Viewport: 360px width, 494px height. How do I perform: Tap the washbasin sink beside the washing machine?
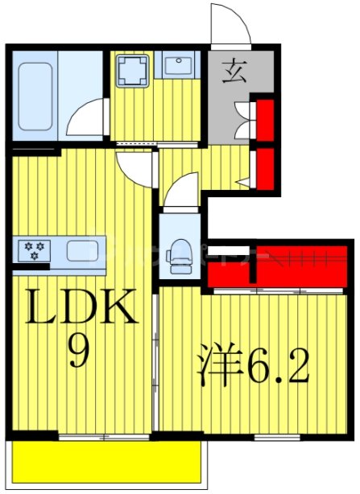pos(174,68)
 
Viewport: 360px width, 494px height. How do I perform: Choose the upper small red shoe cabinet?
pos(263,119)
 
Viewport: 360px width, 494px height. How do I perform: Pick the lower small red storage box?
pos(263,167)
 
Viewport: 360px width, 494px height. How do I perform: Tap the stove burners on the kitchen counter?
pos(35,250)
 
